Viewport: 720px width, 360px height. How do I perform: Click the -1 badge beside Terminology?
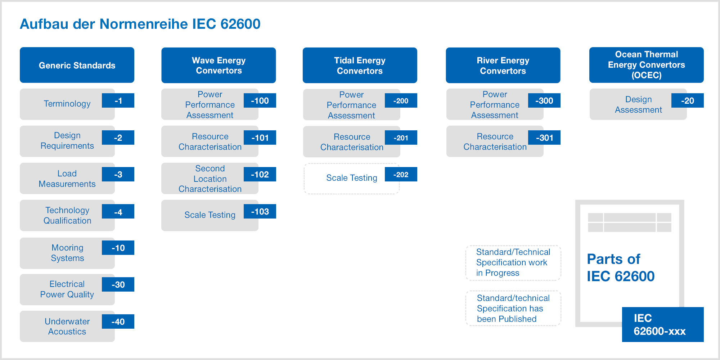pyautogui.click(x=118, y=100)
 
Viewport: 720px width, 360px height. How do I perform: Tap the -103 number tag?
pyautogui.click(x=260, y=211)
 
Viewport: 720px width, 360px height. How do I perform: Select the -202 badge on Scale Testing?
pyautogui.click(x=401, y=174)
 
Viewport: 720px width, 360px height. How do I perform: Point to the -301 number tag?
pyautogui.click(x=544, y=138)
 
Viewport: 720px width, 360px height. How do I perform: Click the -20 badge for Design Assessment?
pyautogui.click(x=688, y=100)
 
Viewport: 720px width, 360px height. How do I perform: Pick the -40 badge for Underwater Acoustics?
pyautogui.click(x=118, y=321)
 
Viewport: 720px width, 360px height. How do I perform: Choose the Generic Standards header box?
pyautogui.click(x=77, y=65)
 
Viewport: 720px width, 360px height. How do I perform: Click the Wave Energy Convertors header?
pyautogui.click(x=219, y=65)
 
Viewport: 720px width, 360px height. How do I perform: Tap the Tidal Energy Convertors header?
pyautogui.click(x=360, y=65)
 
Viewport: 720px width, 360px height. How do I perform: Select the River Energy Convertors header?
pyautogui.click(x=503, y=65)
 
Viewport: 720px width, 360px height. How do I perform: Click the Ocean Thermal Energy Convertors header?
pyautogui.click(x=647, y=65)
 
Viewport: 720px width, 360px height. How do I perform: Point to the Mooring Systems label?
pyautogui.click(x=67, y=253)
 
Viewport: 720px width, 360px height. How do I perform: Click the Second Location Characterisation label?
pyautogui.click(x=210, y=179)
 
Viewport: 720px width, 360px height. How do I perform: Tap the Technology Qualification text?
pyautogui.click(x=67, y=215)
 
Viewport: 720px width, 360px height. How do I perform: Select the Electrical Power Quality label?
pyautogui.click(x=67, y=289)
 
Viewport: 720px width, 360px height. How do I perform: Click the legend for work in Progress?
pyautogui.click(x=513, y=262)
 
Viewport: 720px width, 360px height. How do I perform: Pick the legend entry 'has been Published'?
pyautogui.click(x=513, y=309)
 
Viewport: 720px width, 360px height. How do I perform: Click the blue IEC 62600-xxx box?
pyautogui.click(x=663, y=324)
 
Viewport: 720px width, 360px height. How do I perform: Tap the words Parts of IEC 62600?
pyautogui.click(x=621, y=267)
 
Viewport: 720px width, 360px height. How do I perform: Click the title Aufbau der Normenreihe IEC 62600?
pyautogui.click(x=140, y=24)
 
